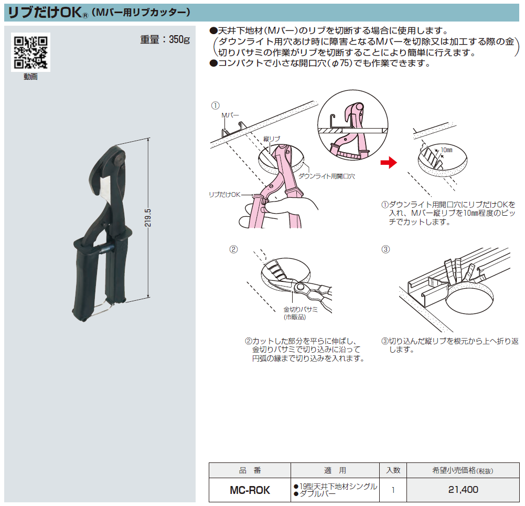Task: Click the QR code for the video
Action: [x=30, y=52]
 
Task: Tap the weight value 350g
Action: [x=179, y=39]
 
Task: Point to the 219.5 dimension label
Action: [x=148, y=217]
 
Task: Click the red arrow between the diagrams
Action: [x=389, y=163]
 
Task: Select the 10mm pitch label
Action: [x=446, y=150]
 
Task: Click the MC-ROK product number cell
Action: [x=250, y=490]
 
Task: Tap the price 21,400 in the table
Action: [x=464, y=490]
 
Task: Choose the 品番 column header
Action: [x=250, y=470]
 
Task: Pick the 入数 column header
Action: [x=393, y=470]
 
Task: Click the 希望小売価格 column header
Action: [x=463, y=470]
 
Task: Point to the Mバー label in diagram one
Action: [x=230, y=115]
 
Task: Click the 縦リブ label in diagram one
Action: [x=272, y=139]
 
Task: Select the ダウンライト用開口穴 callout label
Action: [x=327, y=176]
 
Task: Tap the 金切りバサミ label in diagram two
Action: [x=301, y=309]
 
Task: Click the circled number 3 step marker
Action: [x=385, y=249]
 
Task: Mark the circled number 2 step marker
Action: [x=233, y=249]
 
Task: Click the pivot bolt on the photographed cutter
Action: [x=119, y=159]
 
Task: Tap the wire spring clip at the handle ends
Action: [x=101, y=308]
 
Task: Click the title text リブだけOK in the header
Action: [x=45, y=13]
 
